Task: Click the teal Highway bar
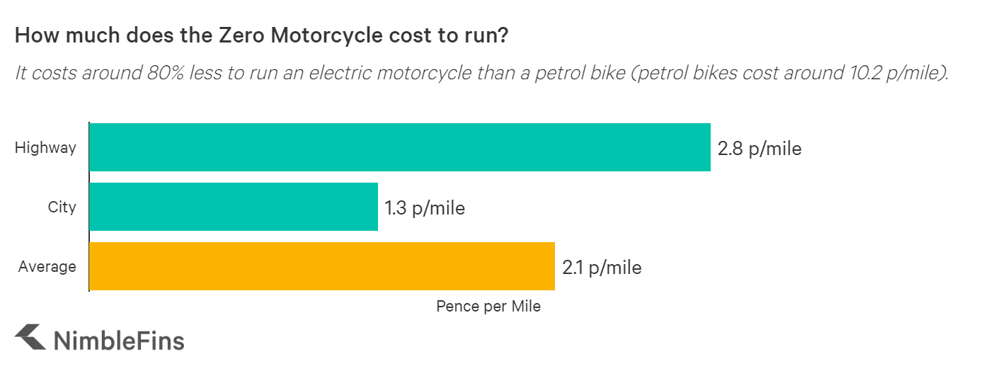click(400, 147)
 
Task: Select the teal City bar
click(234, 207)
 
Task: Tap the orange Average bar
click(322, 266)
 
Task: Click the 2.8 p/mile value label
click(759, 149)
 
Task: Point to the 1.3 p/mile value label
click(425, 208)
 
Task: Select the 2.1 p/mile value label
click(602, 268)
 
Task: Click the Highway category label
click(45, 148)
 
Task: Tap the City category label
click(62, 207)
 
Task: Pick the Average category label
click(47, 267)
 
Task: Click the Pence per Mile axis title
click(488, 307)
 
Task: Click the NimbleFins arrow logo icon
click(30, 338)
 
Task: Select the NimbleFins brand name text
click(119, 341)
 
